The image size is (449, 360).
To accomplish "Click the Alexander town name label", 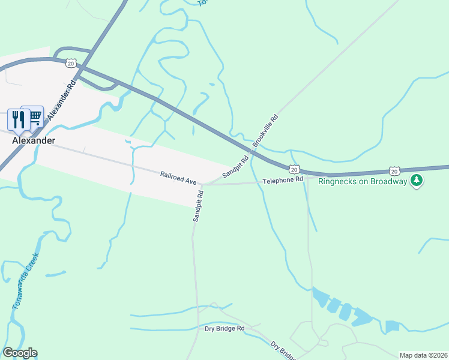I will click(x=34, y=140).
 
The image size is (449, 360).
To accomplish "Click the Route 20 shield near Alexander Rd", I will click(x=71, y=63).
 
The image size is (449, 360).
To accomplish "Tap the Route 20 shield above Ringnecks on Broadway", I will click(x=393, y=171).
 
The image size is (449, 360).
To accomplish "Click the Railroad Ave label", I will click(x=178, y=178).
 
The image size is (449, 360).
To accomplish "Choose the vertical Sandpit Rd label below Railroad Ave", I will click(x=198, y=206).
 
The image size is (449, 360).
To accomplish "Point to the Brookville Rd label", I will click(x=266, y=130).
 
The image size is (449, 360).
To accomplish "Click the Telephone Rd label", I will click(x=283, y=180).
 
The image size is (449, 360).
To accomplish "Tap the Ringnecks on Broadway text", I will click(x=363, y=181).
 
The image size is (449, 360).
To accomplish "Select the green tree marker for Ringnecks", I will click(x=416, y=181).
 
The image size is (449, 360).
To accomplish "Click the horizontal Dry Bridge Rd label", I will click(x=224, y=329).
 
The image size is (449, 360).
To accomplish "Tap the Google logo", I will click(x=20, y=353).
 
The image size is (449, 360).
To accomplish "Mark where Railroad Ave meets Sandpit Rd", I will click(x=201, y=185).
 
